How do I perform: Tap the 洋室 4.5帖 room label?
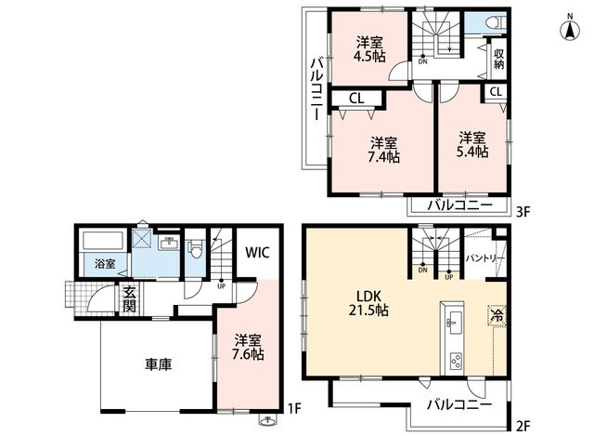pyautogui.click(x=369, y=49)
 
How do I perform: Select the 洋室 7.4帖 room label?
pyautogui.click(x=383, y=150)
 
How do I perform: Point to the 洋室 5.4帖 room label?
pyautogui.click(x=472, y=145)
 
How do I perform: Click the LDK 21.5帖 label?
pyautogui.click(x=368, y=303)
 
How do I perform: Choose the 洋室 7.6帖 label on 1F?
pyautogui.click(x=248, y=347)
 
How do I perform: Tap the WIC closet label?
pyautogui.click(x=257, y=252)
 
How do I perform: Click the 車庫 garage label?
pyautogui.click(x=159, y=364)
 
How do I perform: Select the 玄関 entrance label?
pyautogui.click(x=130, y=299)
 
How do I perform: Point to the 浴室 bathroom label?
pyautogui.click(x=105, y=263)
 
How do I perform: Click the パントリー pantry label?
pyautogui.click(x=484, y=258)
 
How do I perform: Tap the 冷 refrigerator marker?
pyautogui.click(x=497, y=314)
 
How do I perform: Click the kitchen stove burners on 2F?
pyautogui.click(x=456, y=361)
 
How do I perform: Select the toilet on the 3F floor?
pyautogui.click(x=497, y=22)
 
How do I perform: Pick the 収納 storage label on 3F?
pyautogui.click(x=499, y=59)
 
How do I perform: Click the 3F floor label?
pyautogui.click(x=523, y=212)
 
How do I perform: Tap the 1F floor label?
pyautogui.click(x=294, y=409)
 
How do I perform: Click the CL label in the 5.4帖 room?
pyautogui.click(x=496, y=92)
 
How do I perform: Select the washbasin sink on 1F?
pyautogui.click(x=169, y=243)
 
